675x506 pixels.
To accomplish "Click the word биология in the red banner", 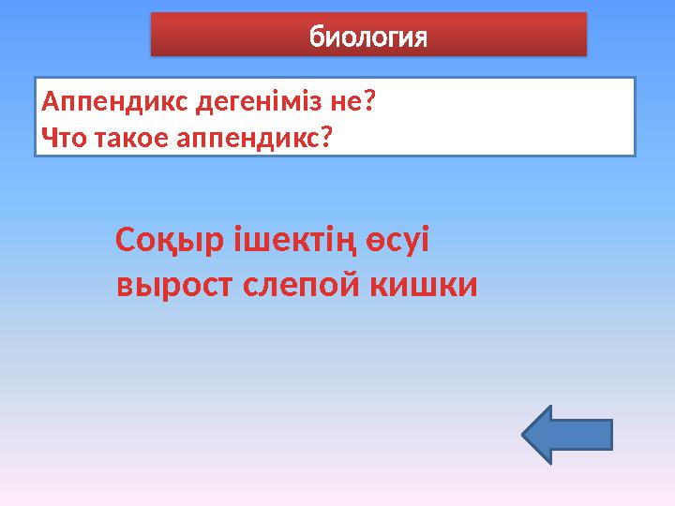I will tap(368, 39).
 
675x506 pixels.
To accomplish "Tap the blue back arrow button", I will tap(565, 435).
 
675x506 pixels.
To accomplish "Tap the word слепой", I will tap(298, 284).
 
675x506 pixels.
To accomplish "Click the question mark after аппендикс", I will tap(327, 139).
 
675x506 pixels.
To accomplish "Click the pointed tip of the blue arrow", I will tap(523, 435).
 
